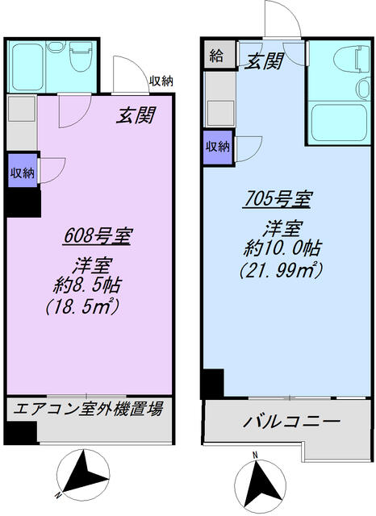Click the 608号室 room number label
click(98, 236)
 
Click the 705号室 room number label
click(274, 198)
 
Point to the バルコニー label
click(290, 422)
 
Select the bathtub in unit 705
click(337, 123)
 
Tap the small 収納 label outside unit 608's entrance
click(160, 81)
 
